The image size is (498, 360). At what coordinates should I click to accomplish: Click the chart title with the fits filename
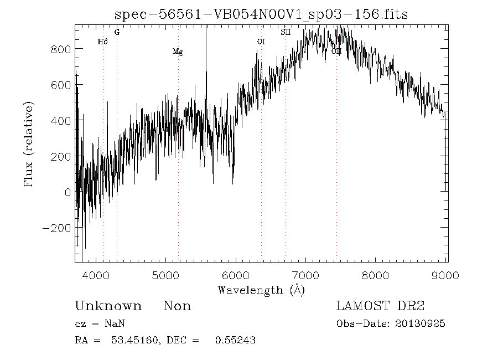[x=261, y=14]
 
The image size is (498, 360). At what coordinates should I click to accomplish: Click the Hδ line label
[x=102, y=42]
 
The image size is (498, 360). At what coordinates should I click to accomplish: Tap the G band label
[x=117, y=32]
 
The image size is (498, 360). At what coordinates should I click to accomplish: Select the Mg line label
[x=178, y=52]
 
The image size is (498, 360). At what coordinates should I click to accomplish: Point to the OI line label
[x=261, y=42]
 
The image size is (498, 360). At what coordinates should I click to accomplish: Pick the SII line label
[x=286, y=32]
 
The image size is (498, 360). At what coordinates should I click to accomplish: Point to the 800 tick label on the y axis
[x=61, y=49]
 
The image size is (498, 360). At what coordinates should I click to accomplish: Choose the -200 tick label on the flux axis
[x=57, y=228]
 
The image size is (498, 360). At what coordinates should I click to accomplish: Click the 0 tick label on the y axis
[x=68, y=192]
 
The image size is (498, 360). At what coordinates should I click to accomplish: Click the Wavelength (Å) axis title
[x=261, y=290]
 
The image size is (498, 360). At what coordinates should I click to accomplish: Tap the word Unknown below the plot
[x=108, y=306]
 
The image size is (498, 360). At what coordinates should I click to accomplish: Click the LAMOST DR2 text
[x=381, y=306]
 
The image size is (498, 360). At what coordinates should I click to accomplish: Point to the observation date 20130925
[x=421, y=323]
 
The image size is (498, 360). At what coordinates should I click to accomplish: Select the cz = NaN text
[x=103, y=323]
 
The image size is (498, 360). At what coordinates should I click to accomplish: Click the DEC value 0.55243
[x=235, y=340]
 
